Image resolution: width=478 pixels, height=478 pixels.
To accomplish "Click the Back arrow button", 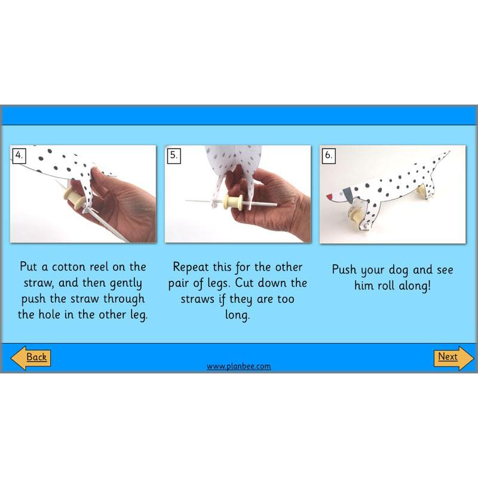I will pyautogui.click(x=31, y=357).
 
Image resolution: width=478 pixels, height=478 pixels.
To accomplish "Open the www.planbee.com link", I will pyautogui.click(x=238, y=366).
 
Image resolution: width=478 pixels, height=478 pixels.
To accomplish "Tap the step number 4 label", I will pyautogui.click(x=20, y=155).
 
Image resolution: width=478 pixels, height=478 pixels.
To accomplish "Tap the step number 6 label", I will pyautogui.click(x=328, y=155).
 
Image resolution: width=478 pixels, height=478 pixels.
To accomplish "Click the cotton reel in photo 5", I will pyautogui.click(x=232, y=202).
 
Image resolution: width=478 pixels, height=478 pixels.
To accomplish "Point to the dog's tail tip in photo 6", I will pyautogui.click(x=447, y=154).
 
